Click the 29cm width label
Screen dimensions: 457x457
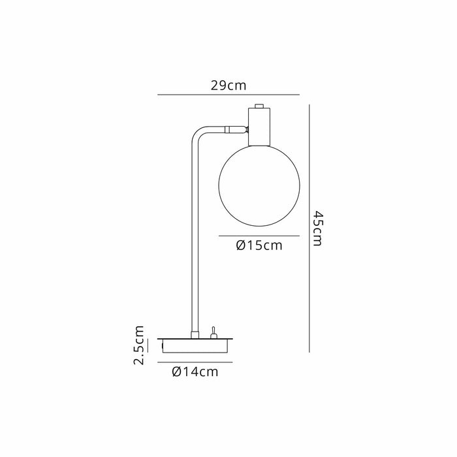[x=228, y=86]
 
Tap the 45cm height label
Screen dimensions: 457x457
[x=318, y=228]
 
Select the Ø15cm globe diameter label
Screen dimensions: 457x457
[x=259, y=245]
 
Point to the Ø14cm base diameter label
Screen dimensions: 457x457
[x=195, y=371]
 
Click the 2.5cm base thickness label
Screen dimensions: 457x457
[x=138, y=345]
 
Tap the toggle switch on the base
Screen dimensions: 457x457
[x=213, y=333]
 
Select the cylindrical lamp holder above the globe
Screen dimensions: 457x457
[x=259, y=127]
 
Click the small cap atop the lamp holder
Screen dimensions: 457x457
[x=259, y=106]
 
